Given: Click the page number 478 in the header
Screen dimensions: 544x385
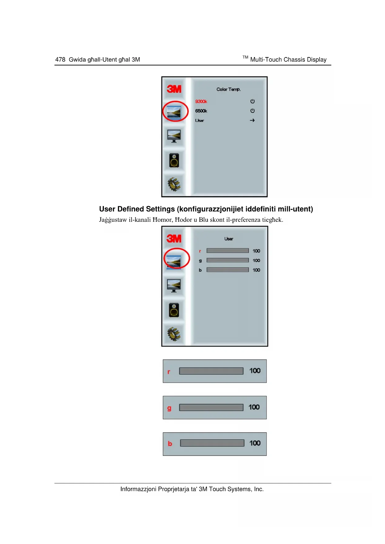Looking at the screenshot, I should click(x=60, y=60).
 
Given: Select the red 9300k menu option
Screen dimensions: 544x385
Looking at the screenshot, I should click(x=201, y=101).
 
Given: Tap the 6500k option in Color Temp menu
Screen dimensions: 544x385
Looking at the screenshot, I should click(x=201, y=111).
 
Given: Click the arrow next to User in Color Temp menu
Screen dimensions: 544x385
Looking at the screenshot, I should click(x=252, y=120).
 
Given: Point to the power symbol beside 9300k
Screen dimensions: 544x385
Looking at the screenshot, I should click(x=253, y=101).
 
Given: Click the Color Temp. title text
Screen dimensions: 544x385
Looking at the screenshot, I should click(x=228, y=89).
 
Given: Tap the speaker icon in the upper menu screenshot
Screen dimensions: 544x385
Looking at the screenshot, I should click(x=174, y=160).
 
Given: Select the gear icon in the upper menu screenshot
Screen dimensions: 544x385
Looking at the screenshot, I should click(x=174, y=184).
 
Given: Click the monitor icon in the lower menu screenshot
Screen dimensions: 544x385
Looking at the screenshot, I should click(x=174, y=285).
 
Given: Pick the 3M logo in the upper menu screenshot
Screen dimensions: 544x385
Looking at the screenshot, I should click(x=174, y=89).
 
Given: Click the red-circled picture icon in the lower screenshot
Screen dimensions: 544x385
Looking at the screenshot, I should click(x=174, y=262).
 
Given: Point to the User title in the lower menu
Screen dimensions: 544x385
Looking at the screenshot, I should click(x=229, y=239).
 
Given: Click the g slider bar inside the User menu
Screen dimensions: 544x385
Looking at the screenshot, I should click(x=227, y=260).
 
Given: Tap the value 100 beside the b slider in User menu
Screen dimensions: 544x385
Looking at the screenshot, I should click(x=256, y=270).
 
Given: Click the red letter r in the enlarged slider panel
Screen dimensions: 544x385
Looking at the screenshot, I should click(x=169, y=372).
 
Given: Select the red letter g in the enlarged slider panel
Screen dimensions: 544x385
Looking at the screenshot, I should click(x=169, y=408).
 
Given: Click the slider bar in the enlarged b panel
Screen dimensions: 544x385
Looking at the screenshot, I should click(x=212, y=443).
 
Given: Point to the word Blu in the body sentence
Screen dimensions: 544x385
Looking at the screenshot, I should click(x=204, y=220).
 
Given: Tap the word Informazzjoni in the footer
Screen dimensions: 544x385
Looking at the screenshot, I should click(x=138, y=489).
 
